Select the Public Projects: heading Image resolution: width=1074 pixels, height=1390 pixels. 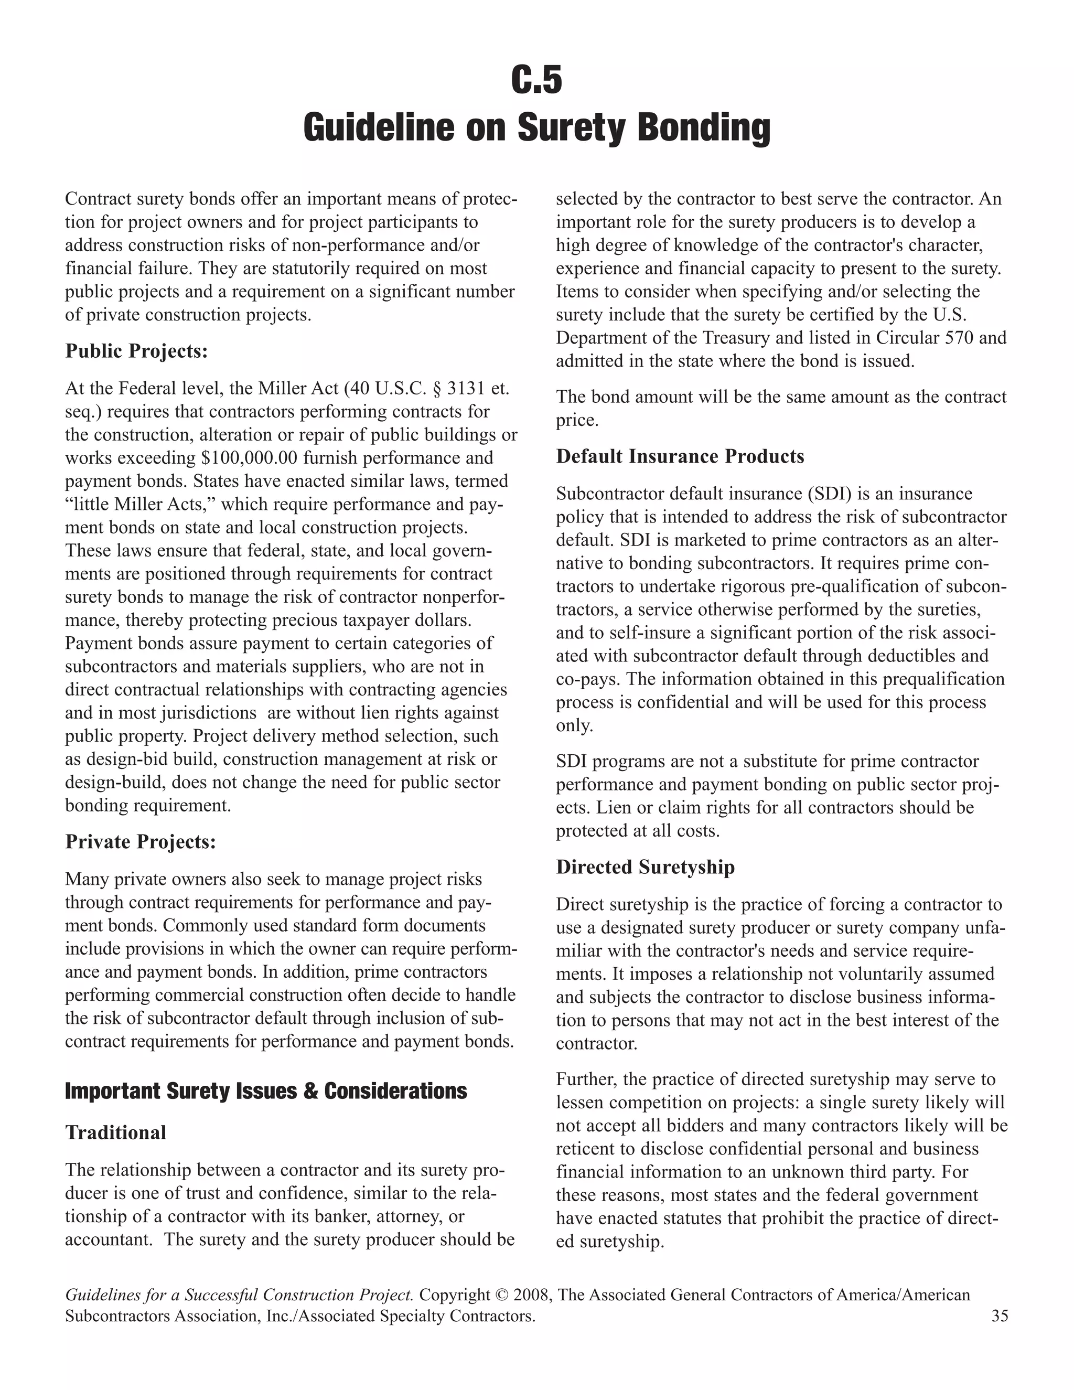pos(137,351)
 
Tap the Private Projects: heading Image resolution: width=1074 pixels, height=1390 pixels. pos(141,841)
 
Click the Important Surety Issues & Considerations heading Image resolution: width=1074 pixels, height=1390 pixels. pos(266,1090)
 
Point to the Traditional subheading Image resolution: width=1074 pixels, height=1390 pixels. pos(116,1132)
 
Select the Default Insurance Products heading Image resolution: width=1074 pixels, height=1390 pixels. pos(680,456)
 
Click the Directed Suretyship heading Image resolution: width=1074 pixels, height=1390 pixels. pos(645,867)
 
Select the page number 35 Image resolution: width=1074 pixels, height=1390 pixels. pos(1000,1316)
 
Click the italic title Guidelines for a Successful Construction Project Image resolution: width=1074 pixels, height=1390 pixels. pos(240,1295)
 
